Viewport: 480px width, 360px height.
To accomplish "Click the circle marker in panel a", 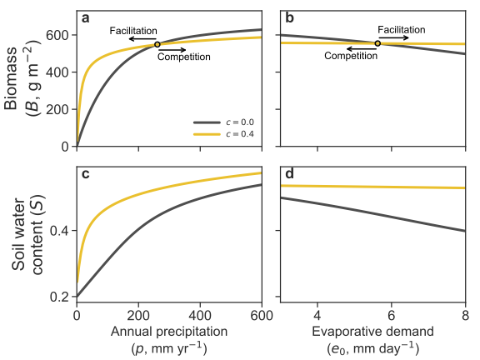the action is (x=157, y=44).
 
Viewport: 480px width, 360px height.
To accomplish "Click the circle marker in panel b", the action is (x=377, y=43).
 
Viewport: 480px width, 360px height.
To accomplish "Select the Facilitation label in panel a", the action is (x=133, y=31).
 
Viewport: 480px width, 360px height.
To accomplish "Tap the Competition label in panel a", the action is (x=184, y=57).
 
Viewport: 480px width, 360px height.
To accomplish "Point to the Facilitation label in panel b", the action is (x=402, y=30).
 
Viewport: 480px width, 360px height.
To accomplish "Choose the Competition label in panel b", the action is (x=351, y=56).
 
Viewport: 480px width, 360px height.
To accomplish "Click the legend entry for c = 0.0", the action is (x=224, y=122).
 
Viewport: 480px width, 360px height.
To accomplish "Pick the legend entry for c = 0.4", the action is (x=224, y=134).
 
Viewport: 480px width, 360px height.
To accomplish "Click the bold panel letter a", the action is (x=86, y=18).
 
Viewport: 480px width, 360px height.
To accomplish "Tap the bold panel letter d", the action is (x=290, y=173).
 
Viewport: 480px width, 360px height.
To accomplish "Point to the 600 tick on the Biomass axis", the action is (x=57, y=35).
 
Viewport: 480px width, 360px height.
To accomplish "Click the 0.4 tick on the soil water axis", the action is (x=59, y=230).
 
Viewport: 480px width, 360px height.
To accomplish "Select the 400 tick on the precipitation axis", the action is (x=200, y=315).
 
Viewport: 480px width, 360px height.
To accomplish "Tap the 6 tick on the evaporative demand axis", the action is (x=391, y=315).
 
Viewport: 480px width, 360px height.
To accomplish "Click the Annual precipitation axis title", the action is (x=169, y=332).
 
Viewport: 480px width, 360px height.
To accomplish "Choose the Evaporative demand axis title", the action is (x=372, y=332).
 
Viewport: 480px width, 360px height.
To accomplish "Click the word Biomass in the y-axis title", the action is (x=11, y=78).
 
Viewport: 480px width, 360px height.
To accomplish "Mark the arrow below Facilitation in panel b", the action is (x=393, y=38).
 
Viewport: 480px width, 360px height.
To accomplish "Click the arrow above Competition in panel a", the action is (x=172, y=50).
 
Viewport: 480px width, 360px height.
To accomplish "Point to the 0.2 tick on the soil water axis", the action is (x=59, y=297).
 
